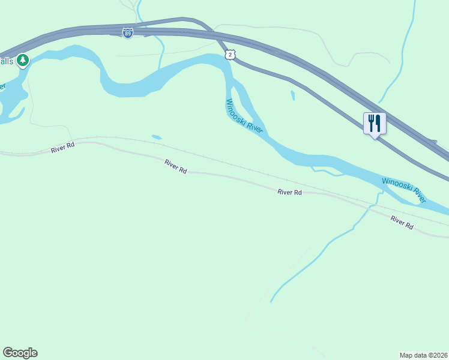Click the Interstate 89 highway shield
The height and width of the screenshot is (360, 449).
coord(127,34)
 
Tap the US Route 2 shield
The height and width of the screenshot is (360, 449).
coord(231,55)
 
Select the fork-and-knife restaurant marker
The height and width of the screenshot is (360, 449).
coord(375,123)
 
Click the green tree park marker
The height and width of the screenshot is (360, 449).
coord(23,60)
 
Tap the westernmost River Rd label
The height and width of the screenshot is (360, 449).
coord(62,147)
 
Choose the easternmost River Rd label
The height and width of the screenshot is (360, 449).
coord(402,222)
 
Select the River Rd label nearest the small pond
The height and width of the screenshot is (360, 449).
coord(176,166)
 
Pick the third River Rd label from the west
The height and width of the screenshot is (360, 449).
coord(289,193)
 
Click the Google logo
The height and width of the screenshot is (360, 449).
coord(20,353)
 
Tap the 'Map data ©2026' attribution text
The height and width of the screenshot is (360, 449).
coord(423,355)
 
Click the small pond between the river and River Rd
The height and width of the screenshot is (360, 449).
coord(157,137)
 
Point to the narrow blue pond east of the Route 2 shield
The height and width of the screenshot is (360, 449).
coord(292,95)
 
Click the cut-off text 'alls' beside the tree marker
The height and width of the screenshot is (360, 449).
coord(7,61)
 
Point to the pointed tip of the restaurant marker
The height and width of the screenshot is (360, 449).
coord(375,139)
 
